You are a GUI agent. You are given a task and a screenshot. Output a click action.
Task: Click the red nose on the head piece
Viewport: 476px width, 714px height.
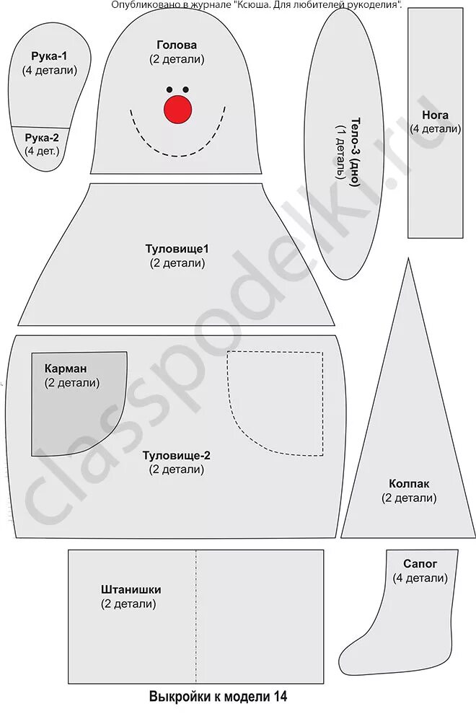(178, 108)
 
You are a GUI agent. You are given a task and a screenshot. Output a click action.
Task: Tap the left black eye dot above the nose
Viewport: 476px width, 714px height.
(170, 90)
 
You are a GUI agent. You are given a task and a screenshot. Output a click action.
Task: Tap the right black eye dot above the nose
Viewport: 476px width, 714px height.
(186, 90)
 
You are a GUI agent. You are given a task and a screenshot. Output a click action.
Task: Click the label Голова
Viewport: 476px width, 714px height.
(177, 45)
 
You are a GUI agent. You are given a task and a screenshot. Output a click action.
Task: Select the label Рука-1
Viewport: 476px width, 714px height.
(49, 56)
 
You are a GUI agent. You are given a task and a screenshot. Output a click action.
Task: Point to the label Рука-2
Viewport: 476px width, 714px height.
(42, 137)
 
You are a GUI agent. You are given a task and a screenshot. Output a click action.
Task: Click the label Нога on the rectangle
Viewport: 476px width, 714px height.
(435, 115)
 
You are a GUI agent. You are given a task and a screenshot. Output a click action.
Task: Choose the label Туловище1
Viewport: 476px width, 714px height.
(177, 249)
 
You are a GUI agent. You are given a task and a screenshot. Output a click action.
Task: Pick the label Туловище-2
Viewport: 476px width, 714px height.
(177, 455)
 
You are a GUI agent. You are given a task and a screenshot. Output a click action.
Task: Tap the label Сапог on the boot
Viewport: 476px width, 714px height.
(420, 563)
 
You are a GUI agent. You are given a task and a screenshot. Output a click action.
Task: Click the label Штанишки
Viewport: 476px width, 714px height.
(131, 589)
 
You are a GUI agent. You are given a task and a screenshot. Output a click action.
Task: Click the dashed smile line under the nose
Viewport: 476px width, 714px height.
(177, 154)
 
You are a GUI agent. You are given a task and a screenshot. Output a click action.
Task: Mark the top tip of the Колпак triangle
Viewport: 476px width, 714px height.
(408, 259)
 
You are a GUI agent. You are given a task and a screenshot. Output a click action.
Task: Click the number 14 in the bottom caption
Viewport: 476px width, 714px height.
(280, 697)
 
